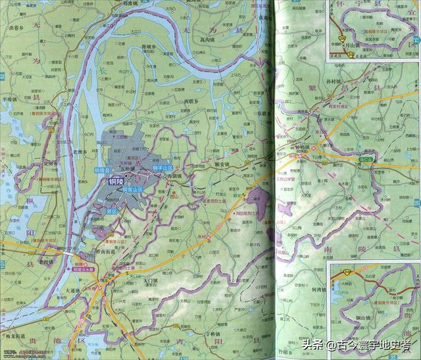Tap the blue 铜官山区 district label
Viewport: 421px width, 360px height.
pyautogui.click(x=135, y=188)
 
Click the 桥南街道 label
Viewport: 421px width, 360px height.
pyautogui.click(x=106, y=251)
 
